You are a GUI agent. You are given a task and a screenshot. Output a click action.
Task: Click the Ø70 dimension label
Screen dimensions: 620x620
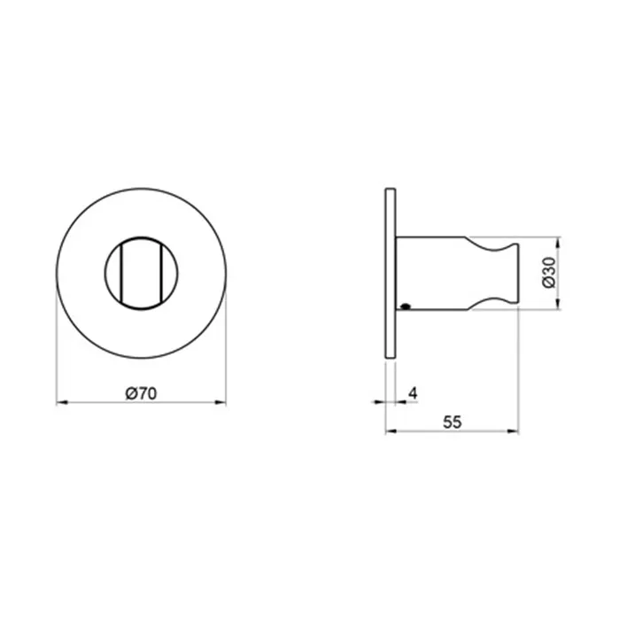[x=141, y=393]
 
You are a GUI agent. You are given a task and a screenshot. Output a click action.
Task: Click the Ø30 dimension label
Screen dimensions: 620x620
[x=549, y=273]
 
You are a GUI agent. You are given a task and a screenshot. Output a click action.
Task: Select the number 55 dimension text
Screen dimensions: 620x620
[x=452, y=422]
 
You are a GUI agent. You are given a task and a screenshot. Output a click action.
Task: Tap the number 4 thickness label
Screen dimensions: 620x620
[x=414, y=393]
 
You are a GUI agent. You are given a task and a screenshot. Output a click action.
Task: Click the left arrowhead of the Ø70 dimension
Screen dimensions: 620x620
[x=62, y=402]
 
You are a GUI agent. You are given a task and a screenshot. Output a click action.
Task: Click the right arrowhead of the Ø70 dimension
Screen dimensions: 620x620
[x=221, y=402]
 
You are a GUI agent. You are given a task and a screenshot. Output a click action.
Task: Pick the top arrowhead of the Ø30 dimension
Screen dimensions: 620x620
[x=558, y=243]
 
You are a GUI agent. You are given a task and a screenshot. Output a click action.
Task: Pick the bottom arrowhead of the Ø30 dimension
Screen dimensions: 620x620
[x=558, y=304]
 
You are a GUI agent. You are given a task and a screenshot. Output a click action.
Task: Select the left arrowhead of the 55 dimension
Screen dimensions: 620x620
[x=391, y=431]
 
